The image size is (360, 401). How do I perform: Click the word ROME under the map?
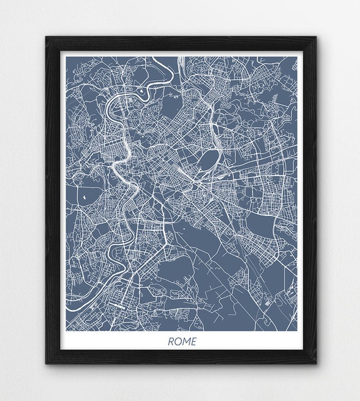(182, 342)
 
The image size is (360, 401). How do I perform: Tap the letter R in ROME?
(171, 342)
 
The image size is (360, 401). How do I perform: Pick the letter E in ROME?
(193, 342)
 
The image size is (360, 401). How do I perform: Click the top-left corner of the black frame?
(46, 37)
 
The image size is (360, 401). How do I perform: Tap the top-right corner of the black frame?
(316, 37)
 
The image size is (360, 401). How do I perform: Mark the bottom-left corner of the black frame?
(46, 364)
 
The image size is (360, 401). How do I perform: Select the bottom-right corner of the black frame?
(316, 364)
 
